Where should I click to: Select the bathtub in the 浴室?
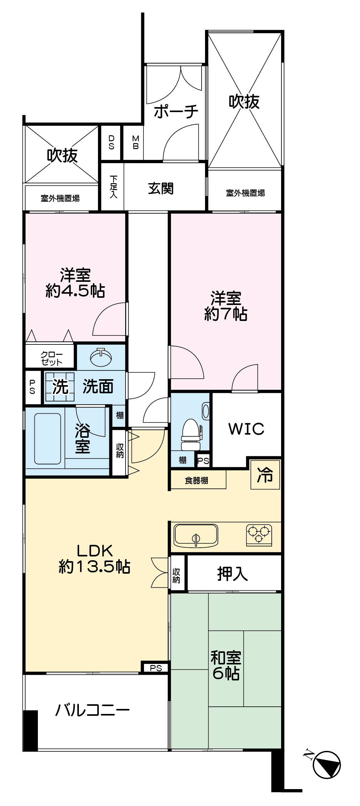coord(48,438)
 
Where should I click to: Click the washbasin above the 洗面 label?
coord(101,357)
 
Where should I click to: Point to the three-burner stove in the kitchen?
coord(259,535)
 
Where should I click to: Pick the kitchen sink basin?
coord(196,535)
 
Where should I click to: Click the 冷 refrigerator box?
coord(265,474)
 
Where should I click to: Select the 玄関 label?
coord(161,189)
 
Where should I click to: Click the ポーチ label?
coord(176,111)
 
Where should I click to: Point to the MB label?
coord(136,142)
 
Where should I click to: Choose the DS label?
coord(111,142)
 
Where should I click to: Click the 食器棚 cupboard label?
coord(196,480)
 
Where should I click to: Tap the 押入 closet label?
coord(232,574)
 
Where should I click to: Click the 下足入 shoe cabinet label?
coord(113,187)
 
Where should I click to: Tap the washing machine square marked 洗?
coord(60,387)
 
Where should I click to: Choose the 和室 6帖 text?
coord(226,666)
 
